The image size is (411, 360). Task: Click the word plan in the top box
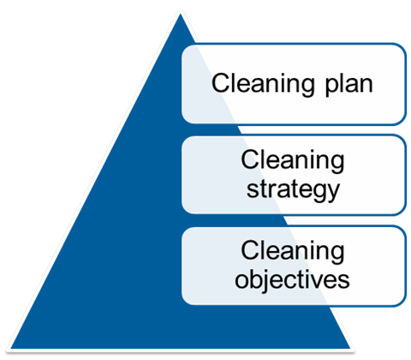click(349, 85)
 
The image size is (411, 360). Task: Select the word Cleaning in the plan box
click(263, 85)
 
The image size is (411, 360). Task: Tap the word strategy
click(293, 189)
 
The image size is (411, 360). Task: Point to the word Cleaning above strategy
click(293, 161)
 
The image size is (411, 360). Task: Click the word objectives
click(292, 280)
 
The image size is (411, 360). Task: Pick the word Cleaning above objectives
click(293, 252)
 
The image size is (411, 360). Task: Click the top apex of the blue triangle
click(181, 15)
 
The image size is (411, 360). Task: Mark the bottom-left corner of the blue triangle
click(11, 348)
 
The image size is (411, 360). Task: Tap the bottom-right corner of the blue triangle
click(349, 348)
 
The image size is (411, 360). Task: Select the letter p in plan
click(332, 87)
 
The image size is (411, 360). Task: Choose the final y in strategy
click(333, 193)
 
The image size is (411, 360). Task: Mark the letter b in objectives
click(256, 278)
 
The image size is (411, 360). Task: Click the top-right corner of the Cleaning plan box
click(405, 44)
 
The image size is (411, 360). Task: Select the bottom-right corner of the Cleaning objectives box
click(405, 306)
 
